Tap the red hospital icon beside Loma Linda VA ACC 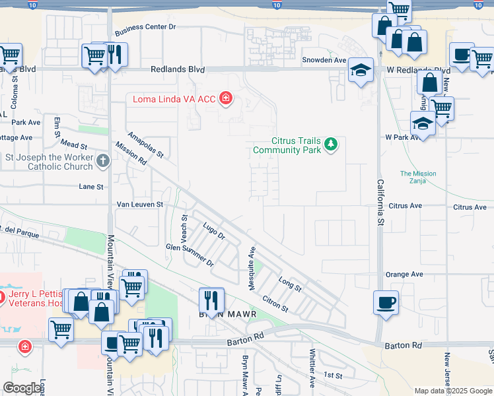[x=227, y=99]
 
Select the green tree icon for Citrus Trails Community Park [x=332, y=144]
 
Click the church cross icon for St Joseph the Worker [x=102, y=160]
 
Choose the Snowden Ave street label [x=324, y=60]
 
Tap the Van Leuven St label [x=139, y=205]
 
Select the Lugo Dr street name [x=214, y=231]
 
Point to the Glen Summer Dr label [x=190, y=254]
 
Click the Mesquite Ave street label [x=252, y=262]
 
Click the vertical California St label [x=380, y=203]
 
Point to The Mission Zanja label [x=418, y=178]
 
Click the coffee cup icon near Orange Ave [x=386, y=302]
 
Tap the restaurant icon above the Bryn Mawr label [x=211, y=300]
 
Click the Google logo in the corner [x=22, y=388]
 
